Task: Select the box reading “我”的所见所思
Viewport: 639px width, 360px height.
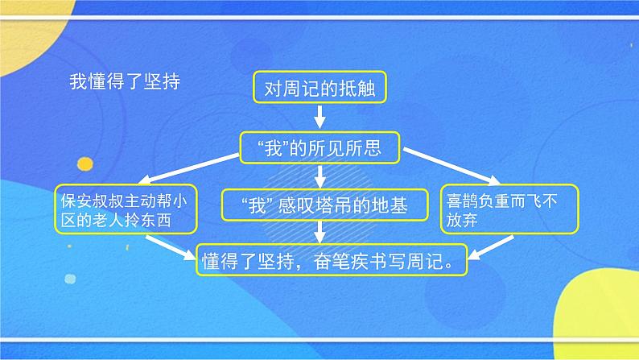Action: click(x=319, y=147)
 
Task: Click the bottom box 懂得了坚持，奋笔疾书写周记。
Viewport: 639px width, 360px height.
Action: click(x=332, y=259)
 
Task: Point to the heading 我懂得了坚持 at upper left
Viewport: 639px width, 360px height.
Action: click(x=124, y=81)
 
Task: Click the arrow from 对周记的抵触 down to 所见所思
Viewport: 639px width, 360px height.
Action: click(x=319, y=117)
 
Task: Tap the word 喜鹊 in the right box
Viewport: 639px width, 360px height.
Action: click(x=464, y=201)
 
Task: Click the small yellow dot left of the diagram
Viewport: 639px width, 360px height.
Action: click(x=84, y=165)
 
